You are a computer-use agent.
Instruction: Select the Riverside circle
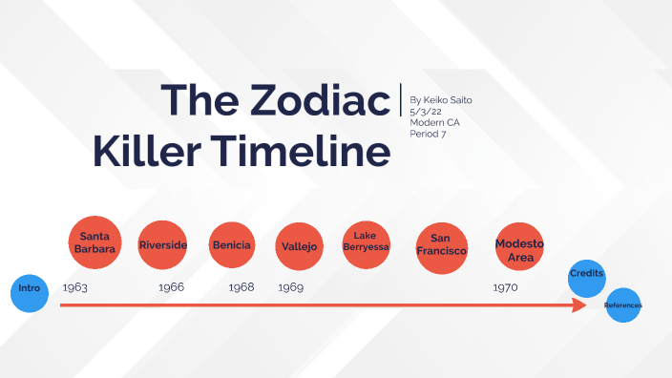(162, 246)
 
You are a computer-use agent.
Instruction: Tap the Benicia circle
(232, 246)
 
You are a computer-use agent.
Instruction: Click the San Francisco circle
(441, 245)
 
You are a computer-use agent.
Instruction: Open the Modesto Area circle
(519, 249)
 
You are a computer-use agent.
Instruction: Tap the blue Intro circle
(29, 294)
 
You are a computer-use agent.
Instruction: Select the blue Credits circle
(586, 275)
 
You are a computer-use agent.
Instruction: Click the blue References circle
(622, 305)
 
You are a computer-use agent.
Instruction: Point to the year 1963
(75, 287)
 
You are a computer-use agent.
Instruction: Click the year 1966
(172, 287)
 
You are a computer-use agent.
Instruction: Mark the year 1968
(241, 287)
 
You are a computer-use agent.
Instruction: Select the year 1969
(290, 287)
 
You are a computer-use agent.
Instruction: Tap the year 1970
(506, 287)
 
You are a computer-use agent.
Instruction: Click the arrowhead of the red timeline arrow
(579, 305)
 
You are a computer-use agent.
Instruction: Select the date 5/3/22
(426, 111)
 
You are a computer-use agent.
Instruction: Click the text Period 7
(428, 134)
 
